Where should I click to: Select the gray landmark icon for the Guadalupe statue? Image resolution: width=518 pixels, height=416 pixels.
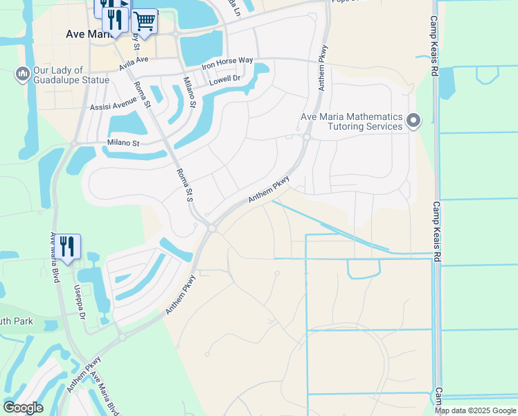[21, 73]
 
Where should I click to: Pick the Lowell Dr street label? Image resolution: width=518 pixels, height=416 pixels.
[224, 80]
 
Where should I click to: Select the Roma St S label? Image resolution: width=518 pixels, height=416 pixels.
[184, 185]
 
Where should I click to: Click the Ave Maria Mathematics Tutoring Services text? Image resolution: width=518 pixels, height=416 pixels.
[351, 121]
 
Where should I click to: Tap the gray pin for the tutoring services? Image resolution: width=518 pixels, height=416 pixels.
[413, 121]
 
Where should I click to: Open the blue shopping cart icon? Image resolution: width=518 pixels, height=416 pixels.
[144, 21]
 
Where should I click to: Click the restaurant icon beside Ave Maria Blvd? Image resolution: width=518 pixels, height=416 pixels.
[67, 247]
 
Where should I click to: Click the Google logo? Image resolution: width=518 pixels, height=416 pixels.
[23, 407]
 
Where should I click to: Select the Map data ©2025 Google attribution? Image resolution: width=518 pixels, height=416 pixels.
[475, 410]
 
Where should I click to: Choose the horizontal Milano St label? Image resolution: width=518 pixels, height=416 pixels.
[123, 144]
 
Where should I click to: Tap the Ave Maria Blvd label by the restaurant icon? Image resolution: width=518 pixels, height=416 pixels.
[53, 257]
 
